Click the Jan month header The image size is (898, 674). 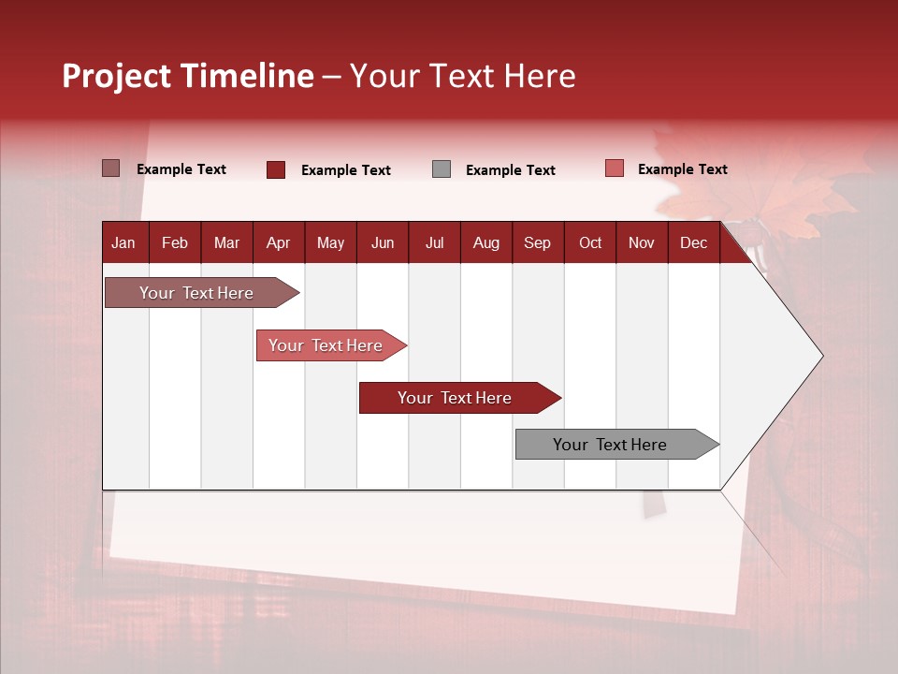(123, 243)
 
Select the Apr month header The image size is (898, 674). (279, 243)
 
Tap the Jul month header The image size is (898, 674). (435, 243)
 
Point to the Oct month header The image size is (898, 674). (590, 243)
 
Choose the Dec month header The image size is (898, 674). (693, 243)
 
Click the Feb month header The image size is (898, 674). (175, 243)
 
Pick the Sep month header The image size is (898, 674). (537, 243)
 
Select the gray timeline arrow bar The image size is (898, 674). (617, 444)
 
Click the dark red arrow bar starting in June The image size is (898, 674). (460, 398)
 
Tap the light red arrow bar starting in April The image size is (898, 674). (331, 345)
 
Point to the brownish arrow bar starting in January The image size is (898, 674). (202, 292)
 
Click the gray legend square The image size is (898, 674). (442, 169)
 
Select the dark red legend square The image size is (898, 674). (276, 169)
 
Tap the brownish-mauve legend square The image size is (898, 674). (111, 168)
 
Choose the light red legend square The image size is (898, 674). (615, 168)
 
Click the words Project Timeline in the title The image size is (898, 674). (188, 76)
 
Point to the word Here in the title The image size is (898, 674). (540, 76)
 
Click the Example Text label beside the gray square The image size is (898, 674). (511, 170)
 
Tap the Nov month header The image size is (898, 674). (642, 243)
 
